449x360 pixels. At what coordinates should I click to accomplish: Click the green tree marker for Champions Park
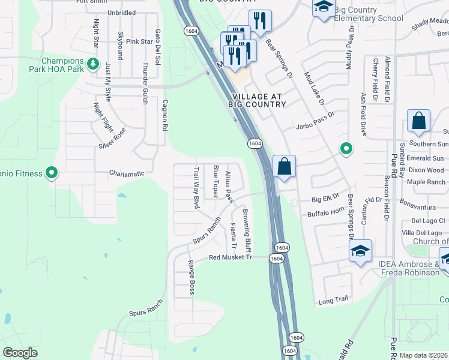(92, 63)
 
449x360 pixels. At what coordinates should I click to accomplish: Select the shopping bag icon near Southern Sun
(418, 121)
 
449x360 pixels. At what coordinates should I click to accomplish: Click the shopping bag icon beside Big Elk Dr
(285, 167)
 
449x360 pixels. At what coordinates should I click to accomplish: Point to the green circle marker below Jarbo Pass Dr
(346, 148)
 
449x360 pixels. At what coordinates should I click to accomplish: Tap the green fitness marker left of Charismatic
(52, 174)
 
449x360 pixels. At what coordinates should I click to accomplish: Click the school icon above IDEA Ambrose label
(360, 251)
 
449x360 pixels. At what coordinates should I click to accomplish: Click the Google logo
(20, 353)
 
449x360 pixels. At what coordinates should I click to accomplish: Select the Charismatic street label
(127, 174)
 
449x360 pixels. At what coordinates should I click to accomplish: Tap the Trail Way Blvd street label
(196, 188)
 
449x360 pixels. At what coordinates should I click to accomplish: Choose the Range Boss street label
(191, 277)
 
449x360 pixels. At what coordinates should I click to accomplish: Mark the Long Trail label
(333, 300)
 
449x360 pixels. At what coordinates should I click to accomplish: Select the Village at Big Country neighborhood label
(258, 100)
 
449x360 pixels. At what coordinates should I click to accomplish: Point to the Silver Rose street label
(112, 139)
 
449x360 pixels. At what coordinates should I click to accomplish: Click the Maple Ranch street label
(426, 182)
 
